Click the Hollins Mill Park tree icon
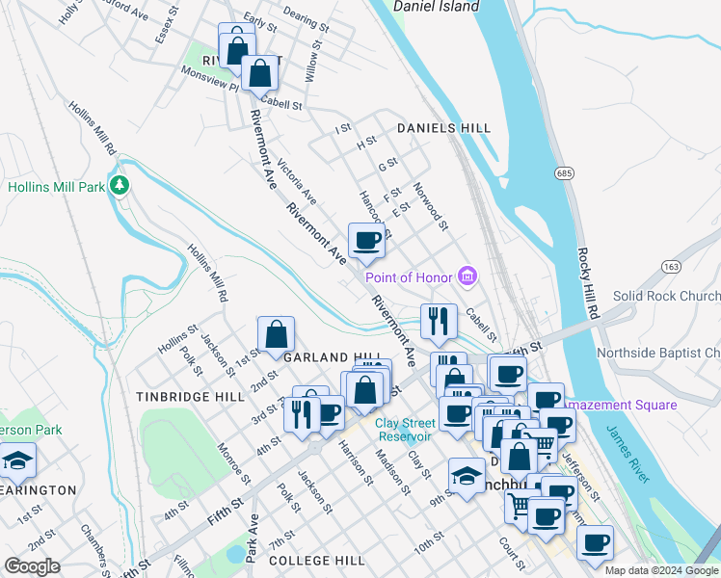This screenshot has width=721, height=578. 120,184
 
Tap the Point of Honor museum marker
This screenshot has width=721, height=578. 468,277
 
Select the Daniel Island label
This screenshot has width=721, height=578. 437,7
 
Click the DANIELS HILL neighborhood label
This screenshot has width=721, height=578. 443,128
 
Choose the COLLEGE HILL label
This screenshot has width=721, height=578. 316,561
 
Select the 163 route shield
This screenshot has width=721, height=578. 672,265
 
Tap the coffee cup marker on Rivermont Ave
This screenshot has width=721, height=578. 366,240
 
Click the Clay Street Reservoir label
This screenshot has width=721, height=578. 414,430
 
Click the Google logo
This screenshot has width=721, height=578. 32,566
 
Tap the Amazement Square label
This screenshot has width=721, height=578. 622,406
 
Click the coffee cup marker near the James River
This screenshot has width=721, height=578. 595,543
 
